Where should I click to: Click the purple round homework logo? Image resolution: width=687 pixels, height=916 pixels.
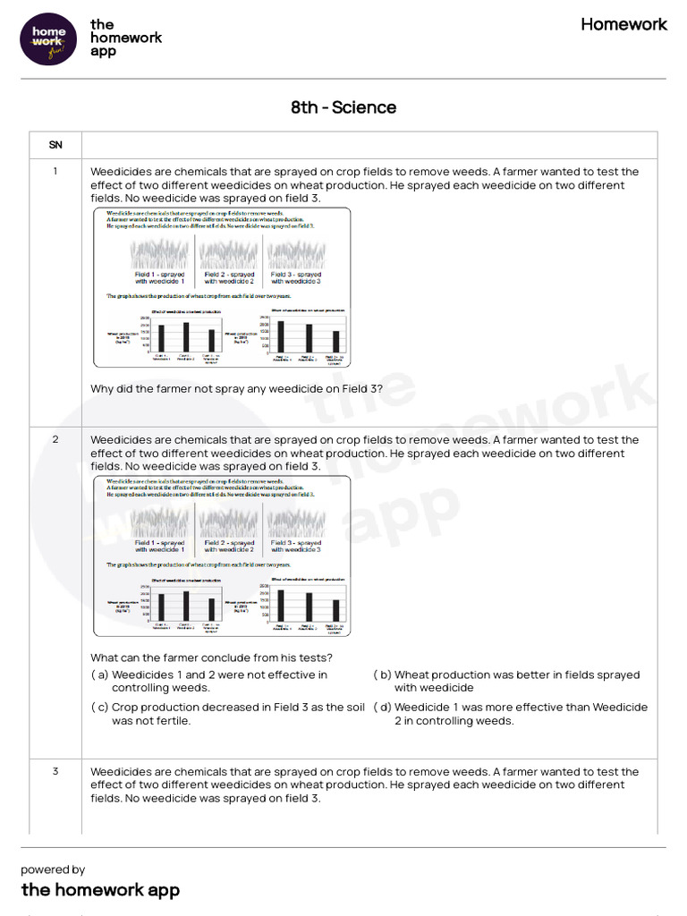tap(49, 38)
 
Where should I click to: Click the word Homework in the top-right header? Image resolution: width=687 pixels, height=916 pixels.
tap(623, 24)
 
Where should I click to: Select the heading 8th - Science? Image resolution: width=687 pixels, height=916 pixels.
tap(343, 107)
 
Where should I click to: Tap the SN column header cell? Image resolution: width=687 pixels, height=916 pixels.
tap(55, 144)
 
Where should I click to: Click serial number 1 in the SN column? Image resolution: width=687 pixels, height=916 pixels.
tap(55, 172)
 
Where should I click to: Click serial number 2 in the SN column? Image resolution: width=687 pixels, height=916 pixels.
tap(55, 440)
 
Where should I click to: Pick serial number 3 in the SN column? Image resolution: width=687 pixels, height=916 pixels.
tap(55, 771)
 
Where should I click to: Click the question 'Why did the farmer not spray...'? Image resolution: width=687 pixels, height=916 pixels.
tap(236, 388)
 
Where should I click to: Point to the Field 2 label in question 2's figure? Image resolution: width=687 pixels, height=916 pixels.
tap(228, 546)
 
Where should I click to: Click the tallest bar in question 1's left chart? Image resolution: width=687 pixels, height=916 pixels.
tap(186, 336)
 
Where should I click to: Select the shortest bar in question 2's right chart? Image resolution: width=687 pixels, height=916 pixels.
tap(335, 609)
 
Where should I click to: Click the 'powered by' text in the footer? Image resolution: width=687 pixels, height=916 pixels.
tap(53, 869)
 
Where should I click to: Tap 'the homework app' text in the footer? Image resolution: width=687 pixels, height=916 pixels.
tap(100, 889)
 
